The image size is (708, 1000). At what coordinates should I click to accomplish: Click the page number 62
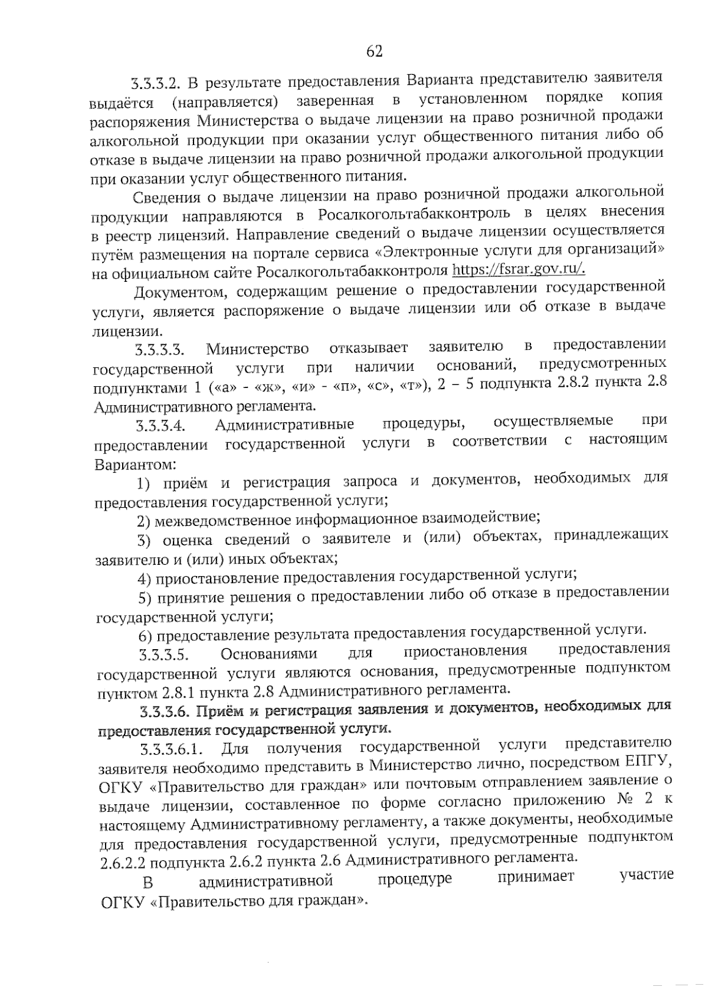coord(375,51)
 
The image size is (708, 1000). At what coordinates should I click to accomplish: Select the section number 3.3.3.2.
coord(156,81)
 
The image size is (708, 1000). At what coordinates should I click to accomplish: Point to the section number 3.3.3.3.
coord(160,350)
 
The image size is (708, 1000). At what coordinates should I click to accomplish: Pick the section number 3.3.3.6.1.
coord(172,750)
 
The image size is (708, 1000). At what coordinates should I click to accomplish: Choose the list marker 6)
coord(146,636)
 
